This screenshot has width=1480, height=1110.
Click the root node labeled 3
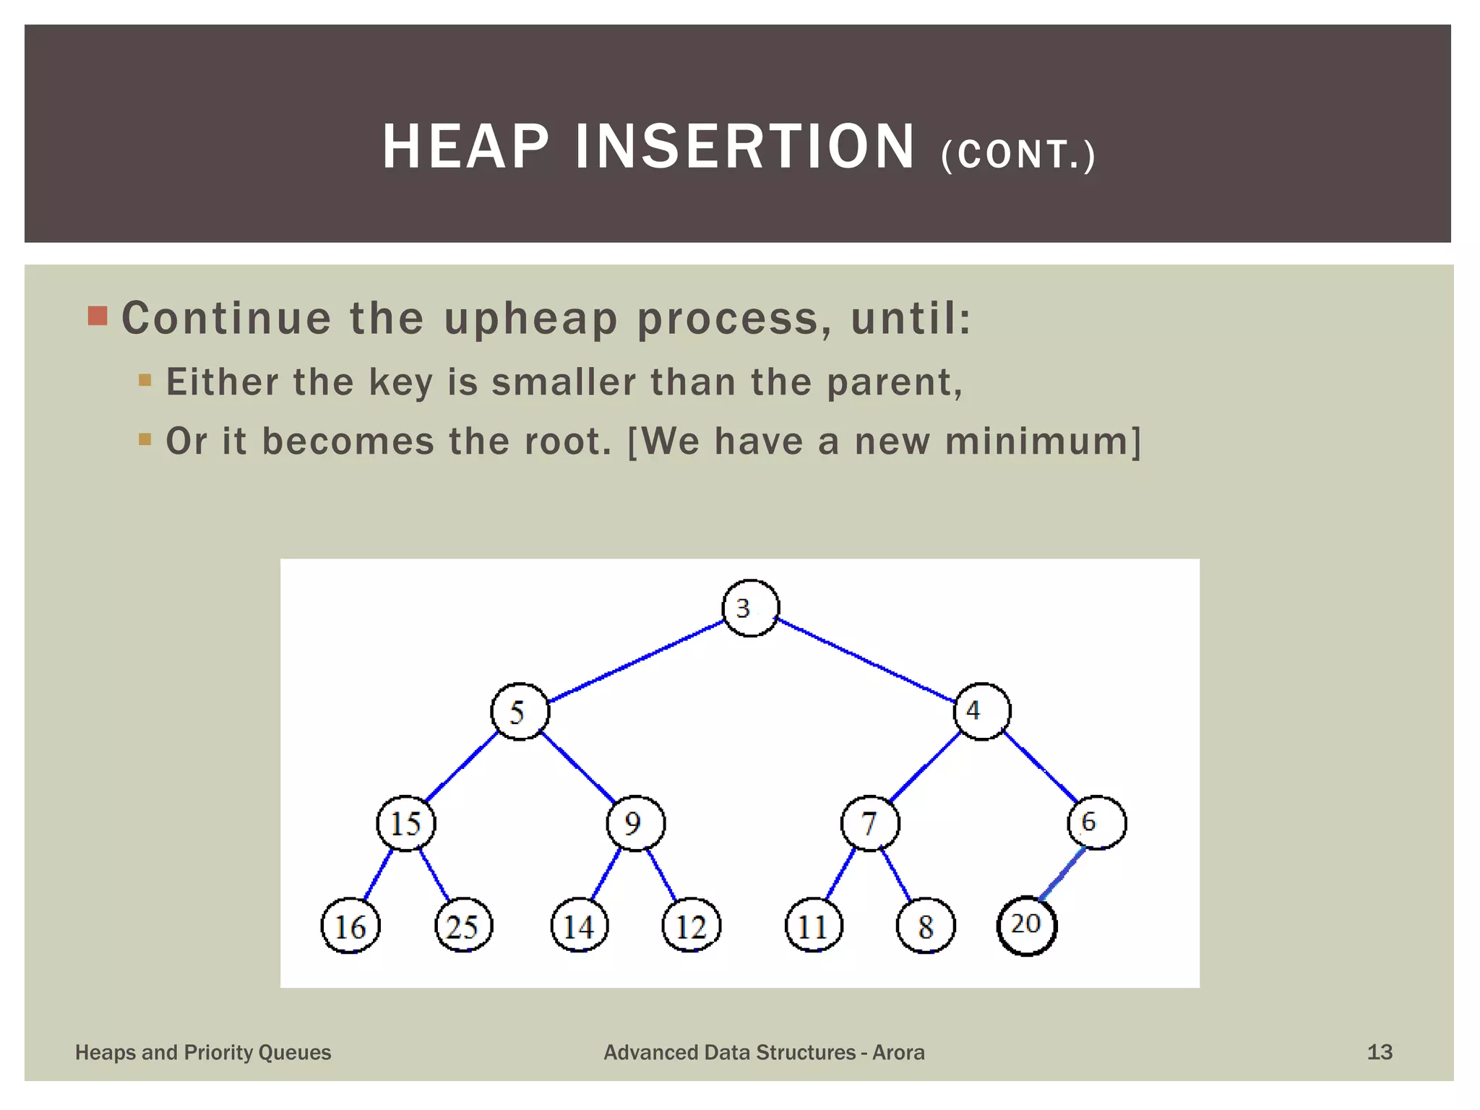click(750, 608)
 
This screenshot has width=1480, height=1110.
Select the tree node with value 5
click(520, 711)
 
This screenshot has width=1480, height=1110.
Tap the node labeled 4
click(981, 711)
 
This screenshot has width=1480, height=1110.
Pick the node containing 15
click(406, 823)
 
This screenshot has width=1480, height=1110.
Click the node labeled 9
click(635, 823)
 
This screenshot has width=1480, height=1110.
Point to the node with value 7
click(870, 823)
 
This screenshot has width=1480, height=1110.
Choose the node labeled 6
click(1096, 822)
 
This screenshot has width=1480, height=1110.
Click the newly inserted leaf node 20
click(1026, 926)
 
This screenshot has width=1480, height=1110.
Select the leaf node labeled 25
click(463, 926)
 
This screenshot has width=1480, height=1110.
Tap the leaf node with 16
click(350, 926)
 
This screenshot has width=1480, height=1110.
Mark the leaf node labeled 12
click(692, 926)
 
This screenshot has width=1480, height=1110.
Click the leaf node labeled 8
click(925, 926)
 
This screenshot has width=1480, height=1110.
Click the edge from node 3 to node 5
click(636, 660)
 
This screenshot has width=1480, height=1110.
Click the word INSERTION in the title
click(745, 147)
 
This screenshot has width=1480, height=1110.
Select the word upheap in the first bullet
click(530, 319)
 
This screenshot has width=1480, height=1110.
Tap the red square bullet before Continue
click(98, 316)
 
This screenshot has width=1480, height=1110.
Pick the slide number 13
click(1379, 1052)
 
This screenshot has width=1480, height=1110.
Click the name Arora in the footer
click(898, 1052)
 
